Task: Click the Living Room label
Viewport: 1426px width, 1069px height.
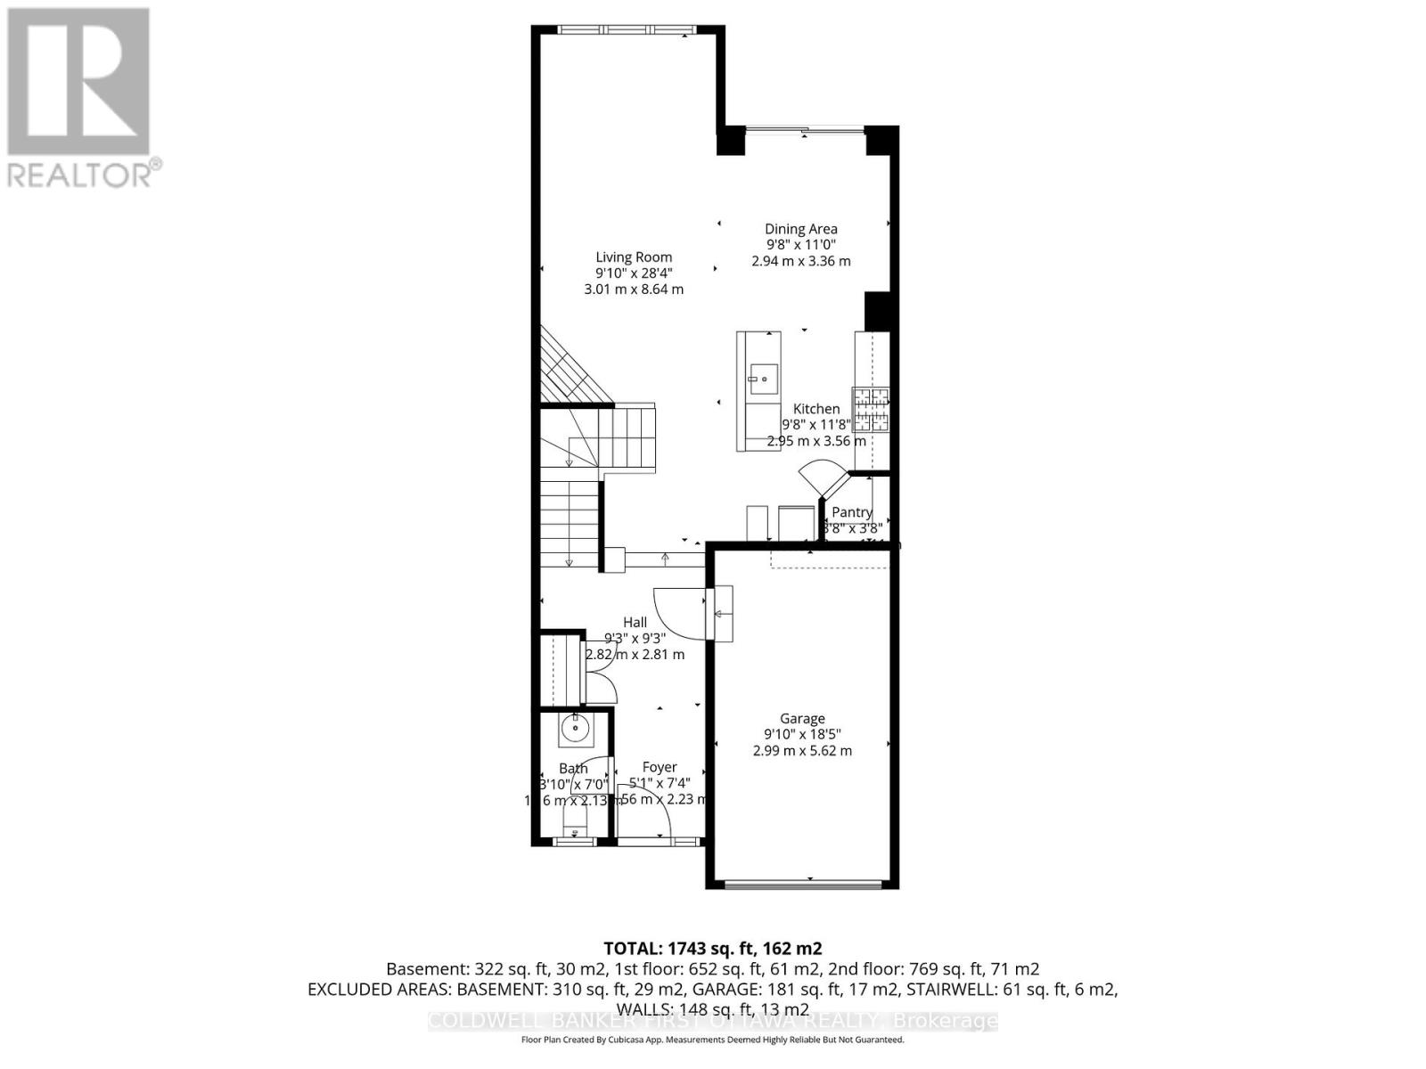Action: coord(634,257)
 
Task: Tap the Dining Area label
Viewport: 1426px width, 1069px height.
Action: coord(800,229)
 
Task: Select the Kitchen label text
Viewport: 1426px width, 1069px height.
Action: coord(816,409)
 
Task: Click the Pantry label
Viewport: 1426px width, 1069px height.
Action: coord(851,512)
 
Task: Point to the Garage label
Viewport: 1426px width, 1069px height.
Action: coord(802,718)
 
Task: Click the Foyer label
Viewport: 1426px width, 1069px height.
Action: coord(660,767)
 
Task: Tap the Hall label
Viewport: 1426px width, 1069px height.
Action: coord(635,622)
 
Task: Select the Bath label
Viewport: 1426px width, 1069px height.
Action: coord(573,768)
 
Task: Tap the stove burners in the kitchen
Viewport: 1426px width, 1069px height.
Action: coord(871,410)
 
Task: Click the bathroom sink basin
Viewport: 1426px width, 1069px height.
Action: coord(576,730)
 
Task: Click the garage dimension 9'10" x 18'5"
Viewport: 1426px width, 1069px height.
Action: coord(802,734)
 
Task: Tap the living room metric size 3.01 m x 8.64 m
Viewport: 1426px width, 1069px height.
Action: coord(634,290)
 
